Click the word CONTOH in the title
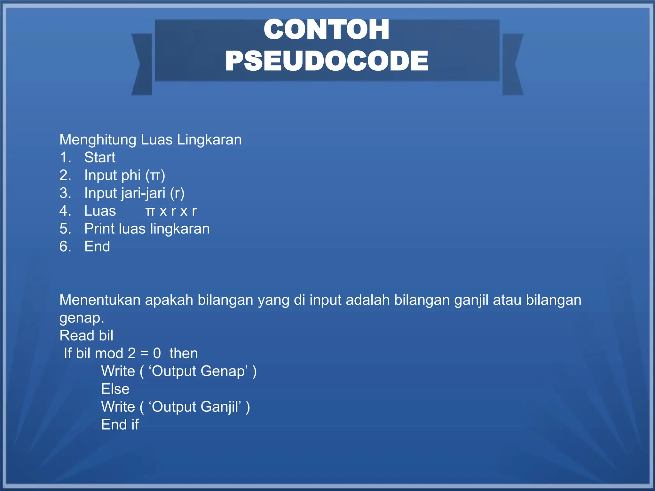(326, 29)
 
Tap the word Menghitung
(98, 140)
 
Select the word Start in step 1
(99, 157)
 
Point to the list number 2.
(65, 175)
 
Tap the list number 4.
(65, 211)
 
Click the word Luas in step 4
(100, 211)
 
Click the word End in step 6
(97, 246)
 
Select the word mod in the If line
(109, 354)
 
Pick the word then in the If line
(184, 354)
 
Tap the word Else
(115, 389)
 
